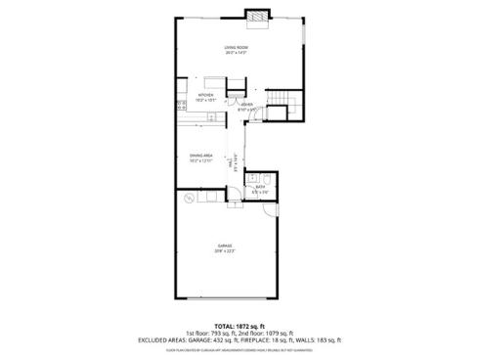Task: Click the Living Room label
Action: (x=235, y=47)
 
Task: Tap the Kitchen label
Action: (x=206, y=95)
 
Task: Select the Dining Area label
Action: (x=201, y=155)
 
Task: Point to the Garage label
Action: (x=225, y=246)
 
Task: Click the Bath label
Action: (x=261, y=187)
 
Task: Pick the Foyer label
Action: (x=247, y=104)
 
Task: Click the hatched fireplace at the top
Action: (x=256, y=17)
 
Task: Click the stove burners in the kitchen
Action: (x=181, y=104)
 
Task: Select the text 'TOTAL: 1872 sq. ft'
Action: (x=239, y=325)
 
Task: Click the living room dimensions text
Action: (x=235, y=52)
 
